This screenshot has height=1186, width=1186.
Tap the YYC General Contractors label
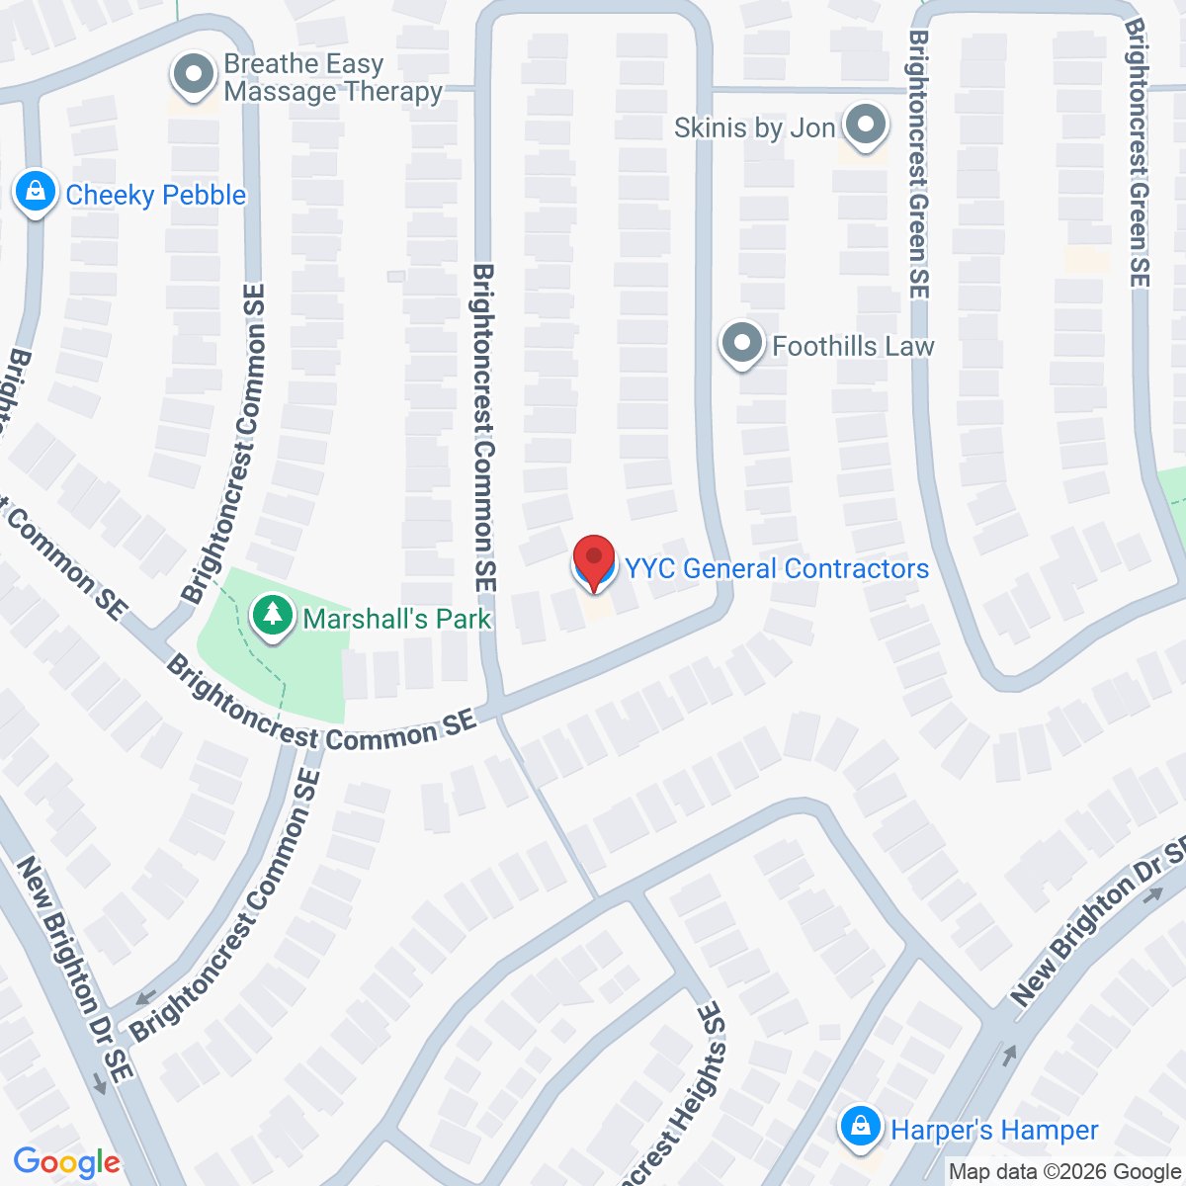777,568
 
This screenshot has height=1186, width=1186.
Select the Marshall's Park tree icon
272,617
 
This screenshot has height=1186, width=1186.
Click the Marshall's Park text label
396,619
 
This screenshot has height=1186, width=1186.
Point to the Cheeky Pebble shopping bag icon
36,192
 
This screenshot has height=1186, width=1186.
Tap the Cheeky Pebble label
155,195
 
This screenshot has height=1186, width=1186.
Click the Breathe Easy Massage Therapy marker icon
194,75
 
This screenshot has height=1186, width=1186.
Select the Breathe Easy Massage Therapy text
332,78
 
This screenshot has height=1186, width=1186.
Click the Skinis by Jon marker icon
867,126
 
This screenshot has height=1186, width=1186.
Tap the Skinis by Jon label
754,127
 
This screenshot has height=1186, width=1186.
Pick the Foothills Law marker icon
741,344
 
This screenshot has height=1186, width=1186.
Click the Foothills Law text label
853,346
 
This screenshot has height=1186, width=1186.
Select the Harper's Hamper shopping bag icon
860,1127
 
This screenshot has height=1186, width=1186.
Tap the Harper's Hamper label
993,1130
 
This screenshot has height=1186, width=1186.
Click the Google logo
66,1163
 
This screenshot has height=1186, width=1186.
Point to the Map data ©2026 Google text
1064,1172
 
